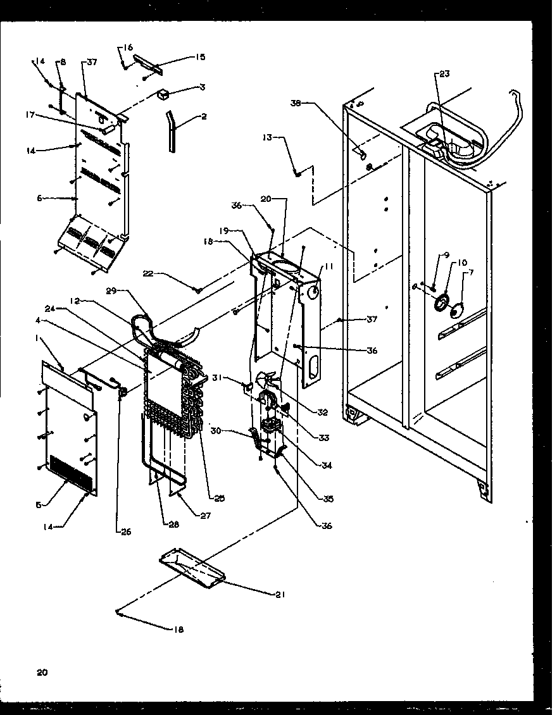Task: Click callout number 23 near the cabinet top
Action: pyautogui.click(x=444, y=73)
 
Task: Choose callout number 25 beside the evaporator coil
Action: pyautogui.click(x=219, y=499)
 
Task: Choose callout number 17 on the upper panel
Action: pyautogui.click(x=29, y=115)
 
